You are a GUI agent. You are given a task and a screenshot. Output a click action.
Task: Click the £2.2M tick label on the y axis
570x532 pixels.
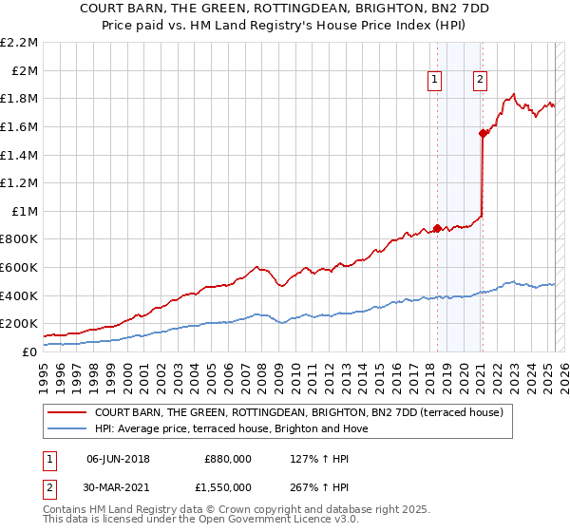[21, 43]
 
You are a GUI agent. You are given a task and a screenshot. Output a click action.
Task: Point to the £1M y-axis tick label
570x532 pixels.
[25, 211]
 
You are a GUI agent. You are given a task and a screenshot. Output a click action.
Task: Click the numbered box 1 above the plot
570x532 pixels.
[435, 80]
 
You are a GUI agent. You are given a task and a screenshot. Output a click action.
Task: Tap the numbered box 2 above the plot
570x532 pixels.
[481, 80]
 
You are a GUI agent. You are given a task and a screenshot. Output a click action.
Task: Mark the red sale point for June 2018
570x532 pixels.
[437, 228]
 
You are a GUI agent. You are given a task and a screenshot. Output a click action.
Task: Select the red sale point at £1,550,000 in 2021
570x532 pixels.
[483, 134]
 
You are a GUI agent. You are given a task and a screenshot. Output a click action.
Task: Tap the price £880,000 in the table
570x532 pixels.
[228, 458]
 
